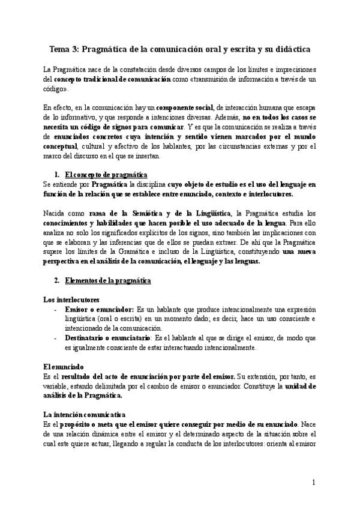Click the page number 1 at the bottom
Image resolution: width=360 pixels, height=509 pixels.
(x=313, y=483)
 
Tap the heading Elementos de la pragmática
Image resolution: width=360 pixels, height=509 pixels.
(x=107, y=281)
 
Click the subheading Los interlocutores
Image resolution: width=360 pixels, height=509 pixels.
(x=71, y=299)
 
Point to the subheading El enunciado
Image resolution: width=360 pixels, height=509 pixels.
(x=64, y=366)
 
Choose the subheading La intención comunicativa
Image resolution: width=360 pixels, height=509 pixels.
(x=84, y=414)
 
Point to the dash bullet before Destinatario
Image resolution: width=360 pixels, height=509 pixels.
(x=56, y=338)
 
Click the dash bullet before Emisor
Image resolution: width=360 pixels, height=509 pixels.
(x=56, y=309)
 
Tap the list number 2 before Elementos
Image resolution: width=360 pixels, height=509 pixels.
(x=56, y=281)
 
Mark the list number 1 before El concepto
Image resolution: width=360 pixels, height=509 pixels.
(x=56, y=175)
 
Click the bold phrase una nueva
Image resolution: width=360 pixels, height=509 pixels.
(x=299, y=253)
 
